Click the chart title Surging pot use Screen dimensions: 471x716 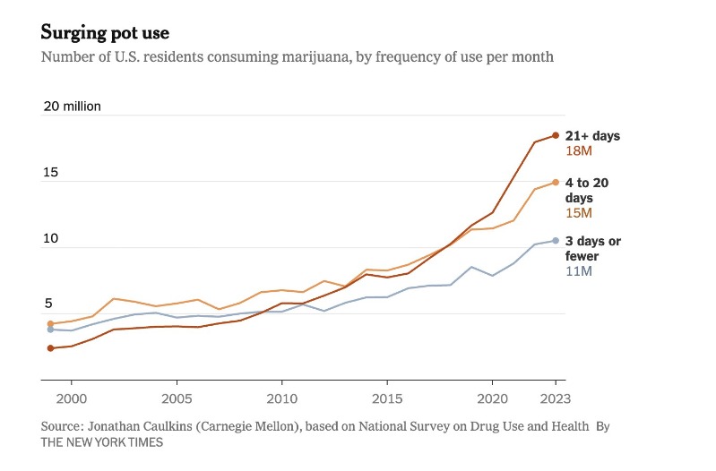[x=105, y=33]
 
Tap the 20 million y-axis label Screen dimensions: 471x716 [x=73, y=107]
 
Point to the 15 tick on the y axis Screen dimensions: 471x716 [x=50, y=173]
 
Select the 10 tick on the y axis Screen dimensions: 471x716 [x=50, y=239]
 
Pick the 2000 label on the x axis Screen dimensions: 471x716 [x=72, y=398]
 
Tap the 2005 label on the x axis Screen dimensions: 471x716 [x=177, y=398]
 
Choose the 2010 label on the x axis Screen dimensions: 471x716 [x=282, y=398]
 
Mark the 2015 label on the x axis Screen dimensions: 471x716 [x=387, y=398]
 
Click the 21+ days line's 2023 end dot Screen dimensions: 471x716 [x=556, y=135]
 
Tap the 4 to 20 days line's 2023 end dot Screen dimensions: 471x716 [x=556, y=182]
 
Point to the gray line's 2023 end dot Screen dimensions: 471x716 [x=556, y=240]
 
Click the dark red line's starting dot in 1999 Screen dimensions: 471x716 [x=50, y=347]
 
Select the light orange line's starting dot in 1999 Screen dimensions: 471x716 [x=50, y=323]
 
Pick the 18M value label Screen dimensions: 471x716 [x=579, y=151]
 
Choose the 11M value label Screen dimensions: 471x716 [x=579, y=271]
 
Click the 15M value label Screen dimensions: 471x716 [x=579, y=213]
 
